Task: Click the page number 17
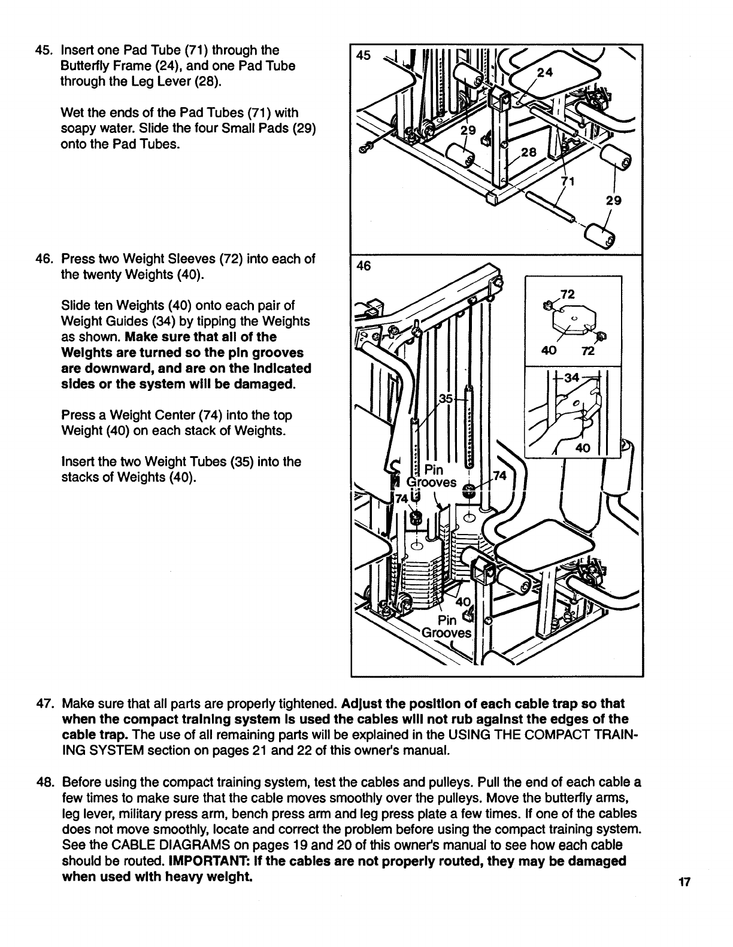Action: point(685,881)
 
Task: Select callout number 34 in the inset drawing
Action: point(572,377)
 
